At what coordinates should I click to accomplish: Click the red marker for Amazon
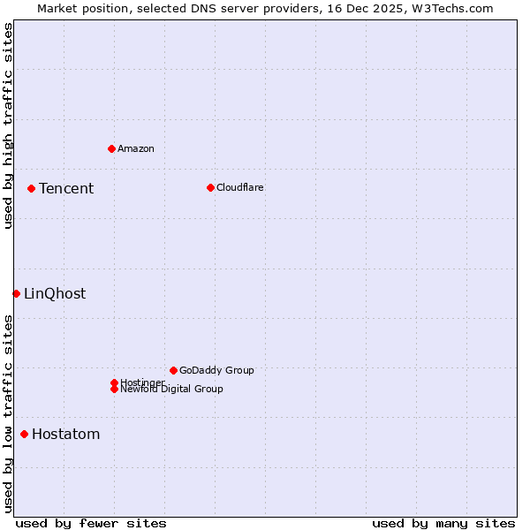(x=111, y=148)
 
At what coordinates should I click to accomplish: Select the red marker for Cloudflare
(x=210, y=187)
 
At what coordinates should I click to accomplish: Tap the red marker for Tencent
(x=31, y=188)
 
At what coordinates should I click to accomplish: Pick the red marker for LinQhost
(x=16, y=293)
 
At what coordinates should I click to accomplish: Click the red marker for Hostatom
(x=24, y=434)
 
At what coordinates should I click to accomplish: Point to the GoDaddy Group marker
(x=173, y=370)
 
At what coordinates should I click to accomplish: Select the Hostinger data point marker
(x=114, y=382)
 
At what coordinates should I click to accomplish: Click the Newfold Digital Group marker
(x=114, y=389)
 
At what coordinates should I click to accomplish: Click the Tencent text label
(x=66, y=188)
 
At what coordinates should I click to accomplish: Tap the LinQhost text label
(x=55, y=293)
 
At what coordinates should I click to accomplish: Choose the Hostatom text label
(x=66, y=434)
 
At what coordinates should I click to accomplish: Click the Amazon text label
(x=136, y=148)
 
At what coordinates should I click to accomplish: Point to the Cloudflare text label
(x=240, y=187)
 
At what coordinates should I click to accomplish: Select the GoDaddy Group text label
(x=216, y=370)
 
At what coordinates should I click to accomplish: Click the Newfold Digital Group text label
(x=172, y=390)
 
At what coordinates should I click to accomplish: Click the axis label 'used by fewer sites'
(x=91, y=523)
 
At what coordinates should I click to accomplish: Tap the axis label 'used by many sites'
(x=443, y=523)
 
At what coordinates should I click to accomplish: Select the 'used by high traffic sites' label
(x=9, y=125)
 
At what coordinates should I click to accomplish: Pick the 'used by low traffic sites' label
(x=9, y=413)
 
